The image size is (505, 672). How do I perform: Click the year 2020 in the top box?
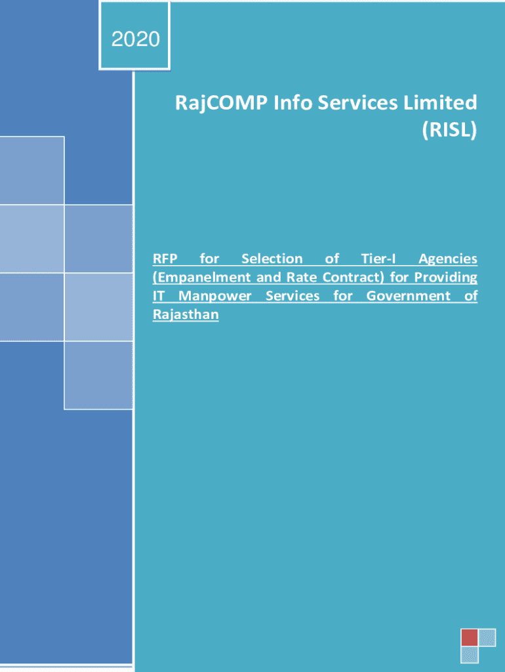135,39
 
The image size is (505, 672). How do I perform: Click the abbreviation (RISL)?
449,130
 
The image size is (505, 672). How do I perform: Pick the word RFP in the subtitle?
165,259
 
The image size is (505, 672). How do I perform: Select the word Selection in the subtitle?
272,259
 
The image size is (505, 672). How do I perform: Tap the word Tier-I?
378,259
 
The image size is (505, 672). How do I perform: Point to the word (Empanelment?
203,278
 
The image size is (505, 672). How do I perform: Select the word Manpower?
214,297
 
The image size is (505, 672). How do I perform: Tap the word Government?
408,296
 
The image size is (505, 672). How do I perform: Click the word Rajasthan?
186,315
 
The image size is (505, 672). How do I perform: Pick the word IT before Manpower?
159,296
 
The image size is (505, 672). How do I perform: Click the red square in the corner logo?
469,637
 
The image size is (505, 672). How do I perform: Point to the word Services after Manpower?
293,296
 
